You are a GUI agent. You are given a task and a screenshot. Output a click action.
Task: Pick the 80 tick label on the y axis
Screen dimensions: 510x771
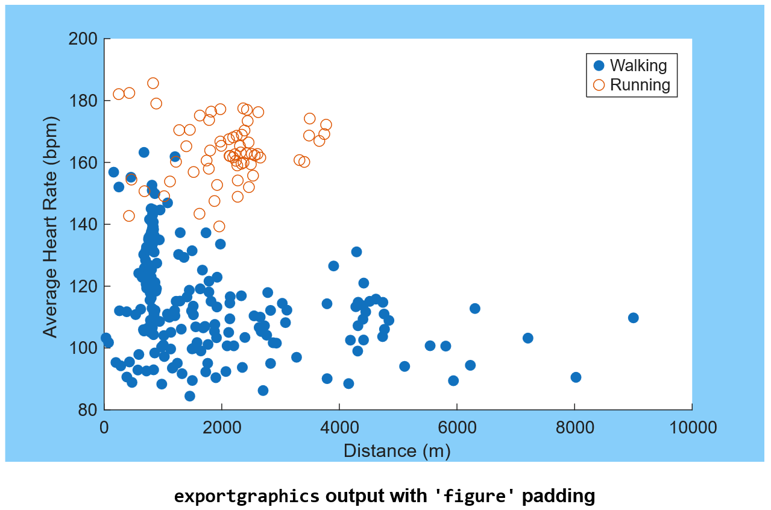tap(87, 410)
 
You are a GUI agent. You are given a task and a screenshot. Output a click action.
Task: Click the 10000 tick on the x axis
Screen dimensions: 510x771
tap(691, 427)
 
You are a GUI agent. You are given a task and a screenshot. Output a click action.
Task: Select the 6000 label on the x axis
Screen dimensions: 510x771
tap(456, 427)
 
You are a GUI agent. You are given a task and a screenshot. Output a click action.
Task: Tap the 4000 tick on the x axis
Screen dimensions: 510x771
tap(339, 427)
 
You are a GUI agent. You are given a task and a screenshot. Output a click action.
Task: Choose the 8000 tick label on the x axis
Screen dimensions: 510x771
tap(574, 427)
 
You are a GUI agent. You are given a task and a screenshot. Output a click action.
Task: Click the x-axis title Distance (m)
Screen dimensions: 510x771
tap(397, 450)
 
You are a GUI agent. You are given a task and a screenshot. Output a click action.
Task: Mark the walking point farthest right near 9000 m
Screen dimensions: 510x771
tap(633, 318)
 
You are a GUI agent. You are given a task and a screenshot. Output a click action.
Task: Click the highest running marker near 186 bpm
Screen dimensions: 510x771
tap(153, 83)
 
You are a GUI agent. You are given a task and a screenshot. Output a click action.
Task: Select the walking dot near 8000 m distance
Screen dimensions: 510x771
tap(576, 377)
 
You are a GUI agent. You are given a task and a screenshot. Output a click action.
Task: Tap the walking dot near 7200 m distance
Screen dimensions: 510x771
tap(527, 338)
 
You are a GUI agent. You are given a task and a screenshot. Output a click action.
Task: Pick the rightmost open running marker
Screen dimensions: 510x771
tap(326, 125)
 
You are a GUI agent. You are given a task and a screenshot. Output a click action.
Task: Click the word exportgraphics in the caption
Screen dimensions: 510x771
tap(247, 496)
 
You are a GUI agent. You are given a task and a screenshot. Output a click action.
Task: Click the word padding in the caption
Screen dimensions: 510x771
tap(558, 496)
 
